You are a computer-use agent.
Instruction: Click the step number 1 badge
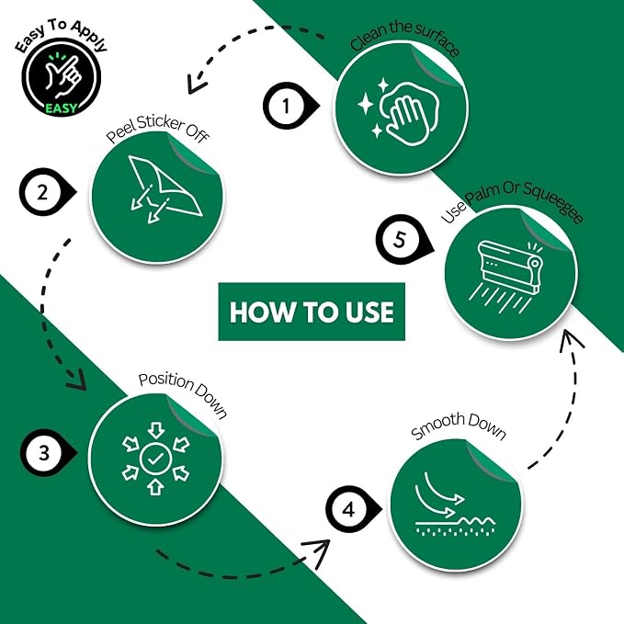[289, 106]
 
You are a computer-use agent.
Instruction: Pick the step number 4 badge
[351, 509]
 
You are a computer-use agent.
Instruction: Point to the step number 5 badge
[402, 240]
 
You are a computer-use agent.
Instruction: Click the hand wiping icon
[398, 113]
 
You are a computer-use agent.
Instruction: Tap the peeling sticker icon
[165, 189]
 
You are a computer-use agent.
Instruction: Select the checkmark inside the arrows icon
[155, 459]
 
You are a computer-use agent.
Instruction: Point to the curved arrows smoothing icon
[455, 504]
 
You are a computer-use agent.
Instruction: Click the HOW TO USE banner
[312, 312]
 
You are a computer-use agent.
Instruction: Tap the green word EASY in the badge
[61, 108]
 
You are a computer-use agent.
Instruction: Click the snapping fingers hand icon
[62, 75]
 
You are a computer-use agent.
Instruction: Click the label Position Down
[183, 393]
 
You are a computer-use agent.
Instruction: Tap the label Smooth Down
[459, 425]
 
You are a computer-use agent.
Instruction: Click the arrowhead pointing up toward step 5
[570, 339]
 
